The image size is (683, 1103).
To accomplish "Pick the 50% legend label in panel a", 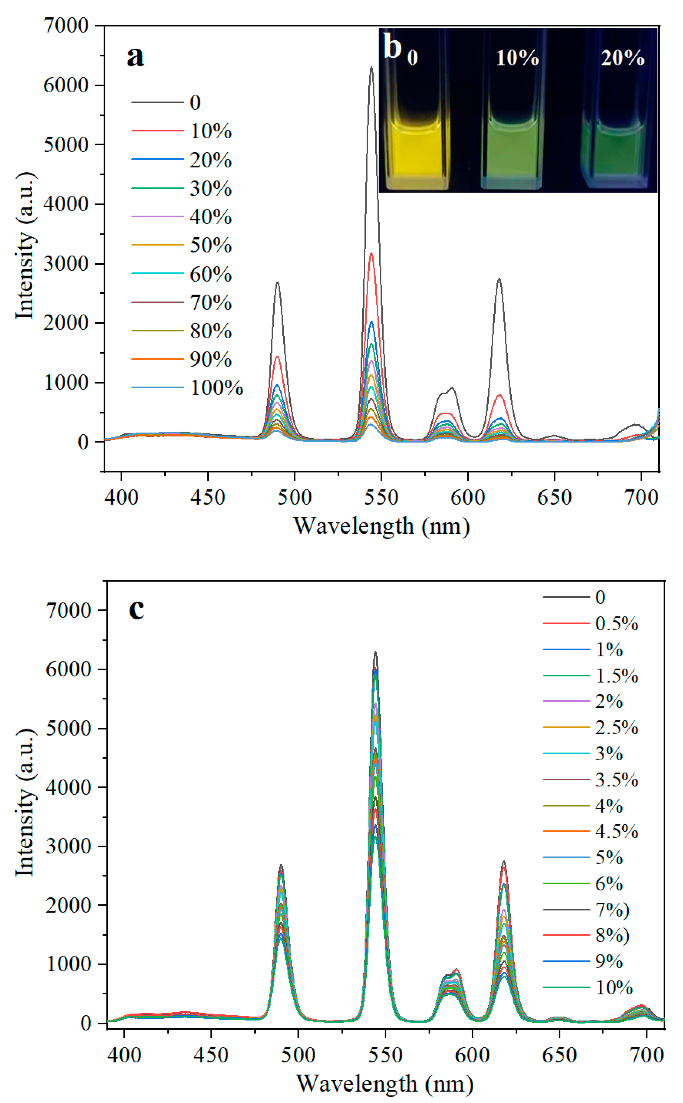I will (x=210, y=245).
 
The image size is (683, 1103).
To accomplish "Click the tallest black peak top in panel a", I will (x=371, y=68).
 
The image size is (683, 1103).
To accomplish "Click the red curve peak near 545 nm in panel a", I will (x=371, y=254).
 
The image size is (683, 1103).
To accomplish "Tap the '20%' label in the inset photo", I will (x=622, y=58).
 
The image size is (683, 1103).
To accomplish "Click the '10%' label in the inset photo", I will (x=517, y=58).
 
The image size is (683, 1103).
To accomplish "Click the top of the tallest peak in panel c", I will (x=375, y=652).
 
